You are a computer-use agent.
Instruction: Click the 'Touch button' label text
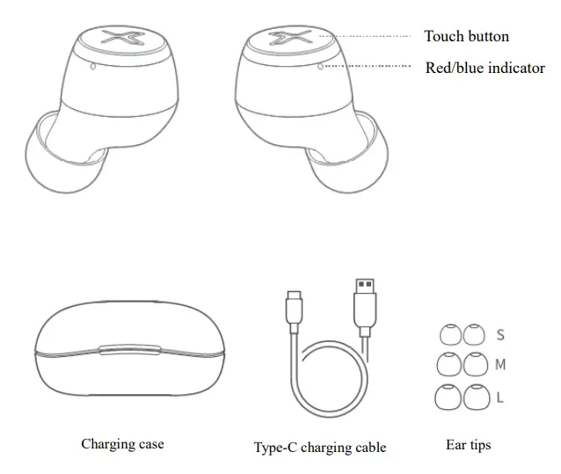tap(466, 36)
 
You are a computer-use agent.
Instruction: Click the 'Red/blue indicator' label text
tap(484, 67)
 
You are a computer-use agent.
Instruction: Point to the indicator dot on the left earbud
tap(94, 66)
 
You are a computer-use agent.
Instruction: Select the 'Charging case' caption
tap(122, 444)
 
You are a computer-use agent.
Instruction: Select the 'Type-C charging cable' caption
tap(320, 447)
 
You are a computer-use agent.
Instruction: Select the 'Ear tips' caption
tap(468, 444)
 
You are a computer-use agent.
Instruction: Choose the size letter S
tap(500, 335)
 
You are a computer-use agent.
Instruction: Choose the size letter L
tap(499, 397)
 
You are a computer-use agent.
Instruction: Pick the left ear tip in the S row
tap(449, 334)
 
